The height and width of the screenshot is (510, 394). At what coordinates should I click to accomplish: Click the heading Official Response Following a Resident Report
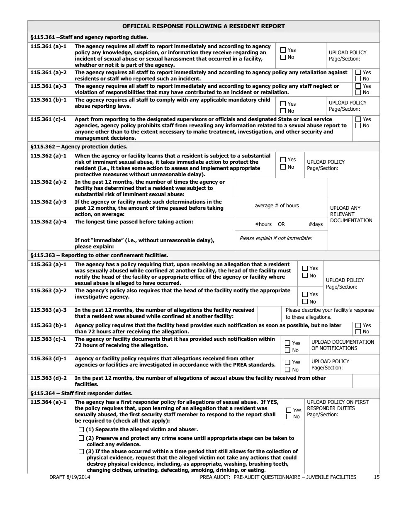(x=203, y=26)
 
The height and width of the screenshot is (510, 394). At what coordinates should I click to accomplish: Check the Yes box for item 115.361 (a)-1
(x=283, y=50)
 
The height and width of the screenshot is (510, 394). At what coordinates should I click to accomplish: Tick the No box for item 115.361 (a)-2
(x=358, y=79)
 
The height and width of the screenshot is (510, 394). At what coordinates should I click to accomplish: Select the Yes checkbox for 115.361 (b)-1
(x=283, y=104)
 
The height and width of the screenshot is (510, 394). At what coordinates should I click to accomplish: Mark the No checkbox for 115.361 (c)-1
(x=358, y=126)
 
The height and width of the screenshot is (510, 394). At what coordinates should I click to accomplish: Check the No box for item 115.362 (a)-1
(x=283, y=167)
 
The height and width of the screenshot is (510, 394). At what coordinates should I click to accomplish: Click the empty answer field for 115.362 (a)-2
(x=281, y=188)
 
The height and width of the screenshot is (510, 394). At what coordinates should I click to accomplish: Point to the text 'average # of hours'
(x=277, y=206)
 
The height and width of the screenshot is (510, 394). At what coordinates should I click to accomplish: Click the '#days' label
(x=315, y=224)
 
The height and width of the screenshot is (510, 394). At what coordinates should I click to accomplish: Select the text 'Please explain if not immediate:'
(x=276, y=238)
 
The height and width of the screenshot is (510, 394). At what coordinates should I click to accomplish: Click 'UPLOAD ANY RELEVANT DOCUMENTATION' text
(x=351, y=214)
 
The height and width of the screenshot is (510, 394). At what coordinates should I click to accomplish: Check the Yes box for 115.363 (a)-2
(x=305, y=294)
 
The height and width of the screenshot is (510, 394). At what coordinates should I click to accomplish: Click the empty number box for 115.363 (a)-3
(x=269, y=314)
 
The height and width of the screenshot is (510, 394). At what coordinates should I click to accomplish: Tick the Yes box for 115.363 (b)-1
(x=358, y=325)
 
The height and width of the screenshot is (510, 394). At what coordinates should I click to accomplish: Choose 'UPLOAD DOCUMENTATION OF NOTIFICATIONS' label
(x=343, y=345)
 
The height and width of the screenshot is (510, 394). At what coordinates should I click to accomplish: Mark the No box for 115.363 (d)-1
(x=287, y=370)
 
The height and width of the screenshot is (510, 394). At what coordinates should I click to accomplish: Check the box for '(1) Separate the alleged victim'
(x=81, y=430)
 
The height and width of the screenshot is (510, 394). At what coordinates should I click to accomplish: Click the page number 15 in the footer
(x=376, y=477)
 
